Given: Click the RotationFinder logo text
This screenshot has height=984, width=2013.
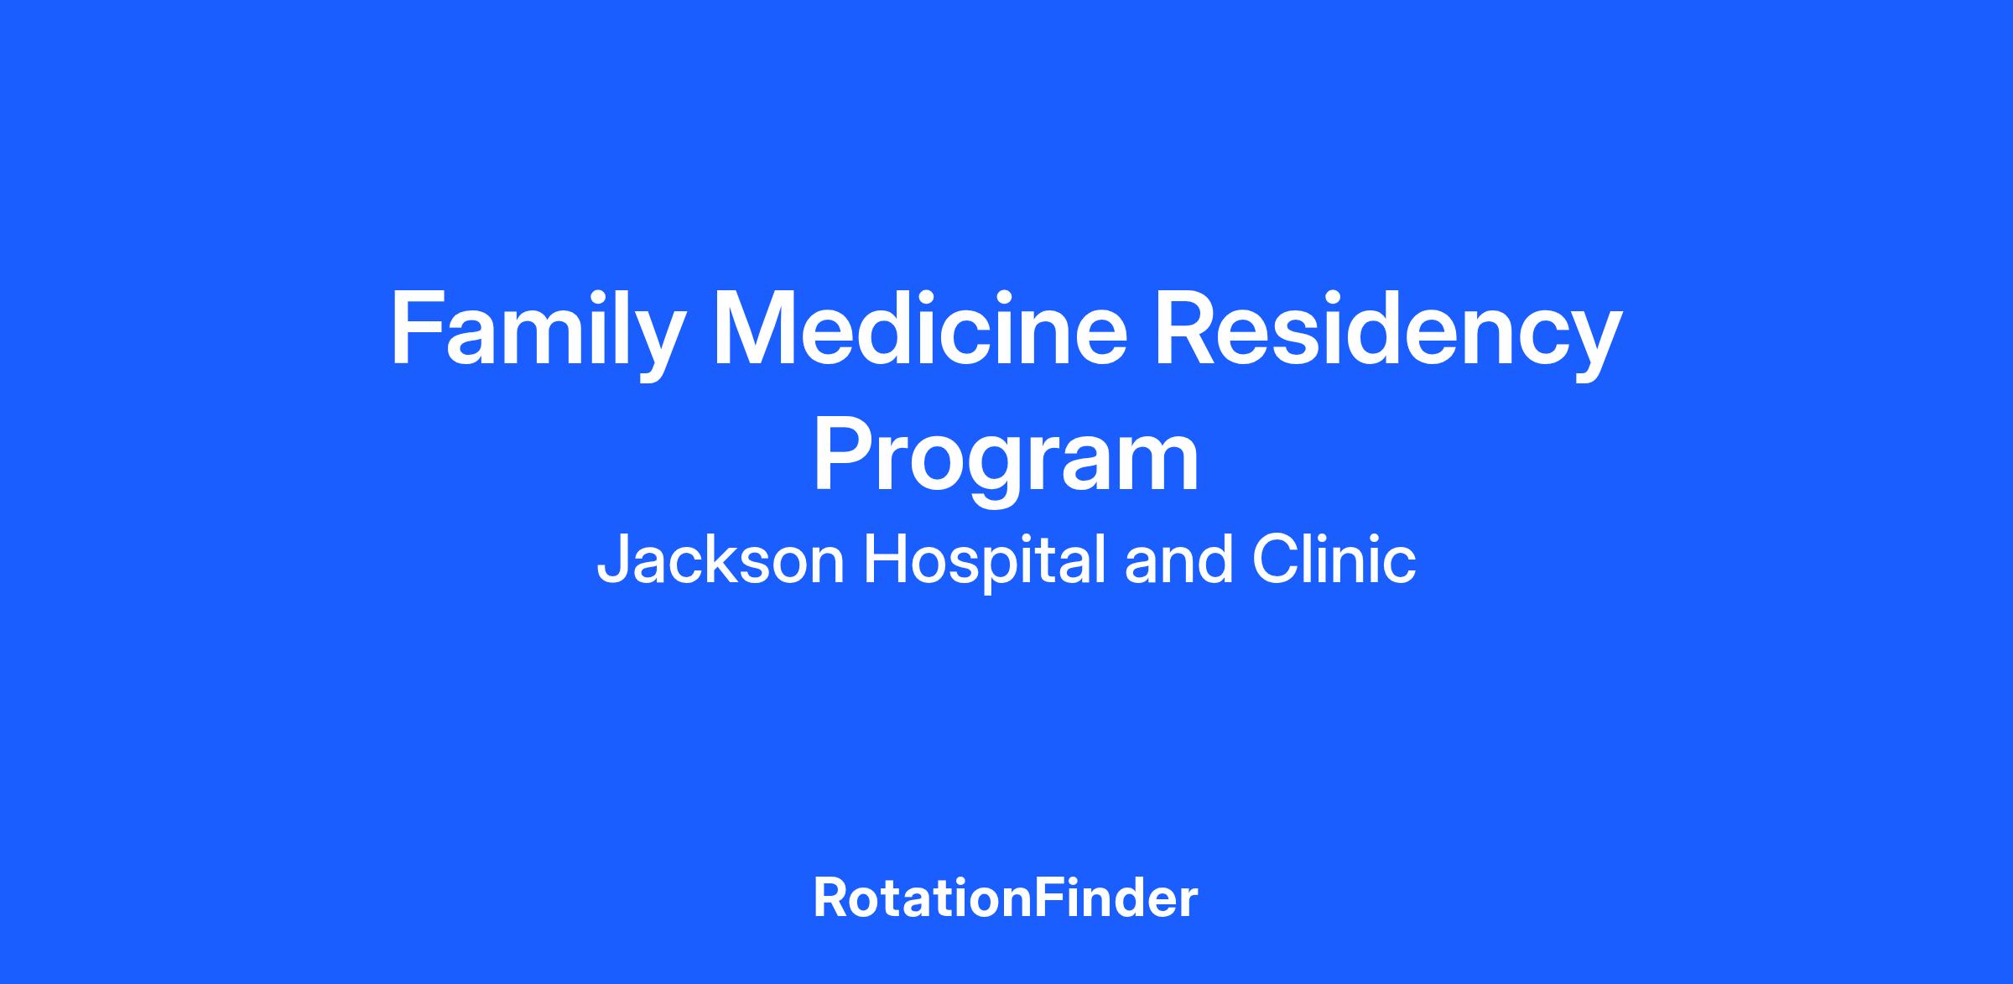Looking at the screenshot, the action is [1006, 898].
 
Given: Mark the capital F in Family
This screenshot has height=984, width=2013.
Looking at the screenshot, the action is [416, 328].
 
